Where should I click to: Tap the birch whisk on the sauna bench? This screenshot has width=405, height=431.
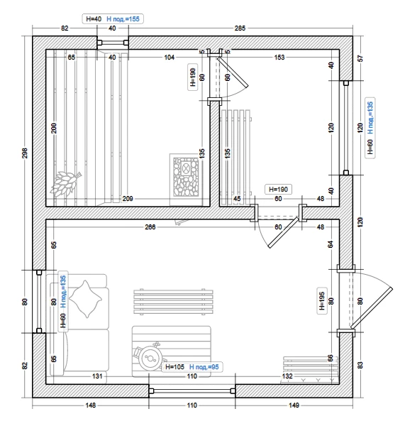(66, 183)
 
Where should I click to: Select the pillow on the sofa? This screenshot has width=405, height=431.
(85, 299)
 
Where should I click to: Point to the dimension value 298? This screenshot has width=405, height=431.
(25, 153)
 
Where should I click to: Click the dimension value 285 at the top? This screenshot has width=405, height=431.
(240, 28)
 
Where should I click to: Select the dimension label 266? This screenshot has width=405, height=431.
(150, 227)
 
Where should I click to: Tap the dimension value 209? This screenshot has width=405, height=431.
(128, 198)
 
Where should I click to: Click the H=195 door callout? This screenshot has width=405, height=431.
(322, 301)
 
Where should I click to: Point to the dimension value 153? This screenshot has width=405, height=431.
(279, 58)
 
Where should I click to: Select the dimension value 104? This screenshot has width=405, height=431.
(169, 58)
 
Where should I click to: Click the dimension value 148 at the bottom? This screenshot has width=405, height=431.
(91, 405)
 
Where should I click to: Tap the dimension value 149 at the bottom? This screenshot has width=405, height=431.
(294, 405)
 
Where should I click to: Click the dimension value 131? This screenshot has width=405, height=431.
(97, 376)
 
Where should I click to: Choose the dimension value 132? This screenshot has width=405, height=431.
(287, 376)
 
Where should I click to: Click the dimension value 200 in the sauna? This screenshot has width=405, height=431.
(54, 128)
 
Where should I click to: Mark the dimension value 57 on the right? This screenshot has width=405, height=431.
(360, 58)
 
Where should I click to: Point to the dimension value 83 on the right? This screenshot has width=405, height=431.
(360, 365)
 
